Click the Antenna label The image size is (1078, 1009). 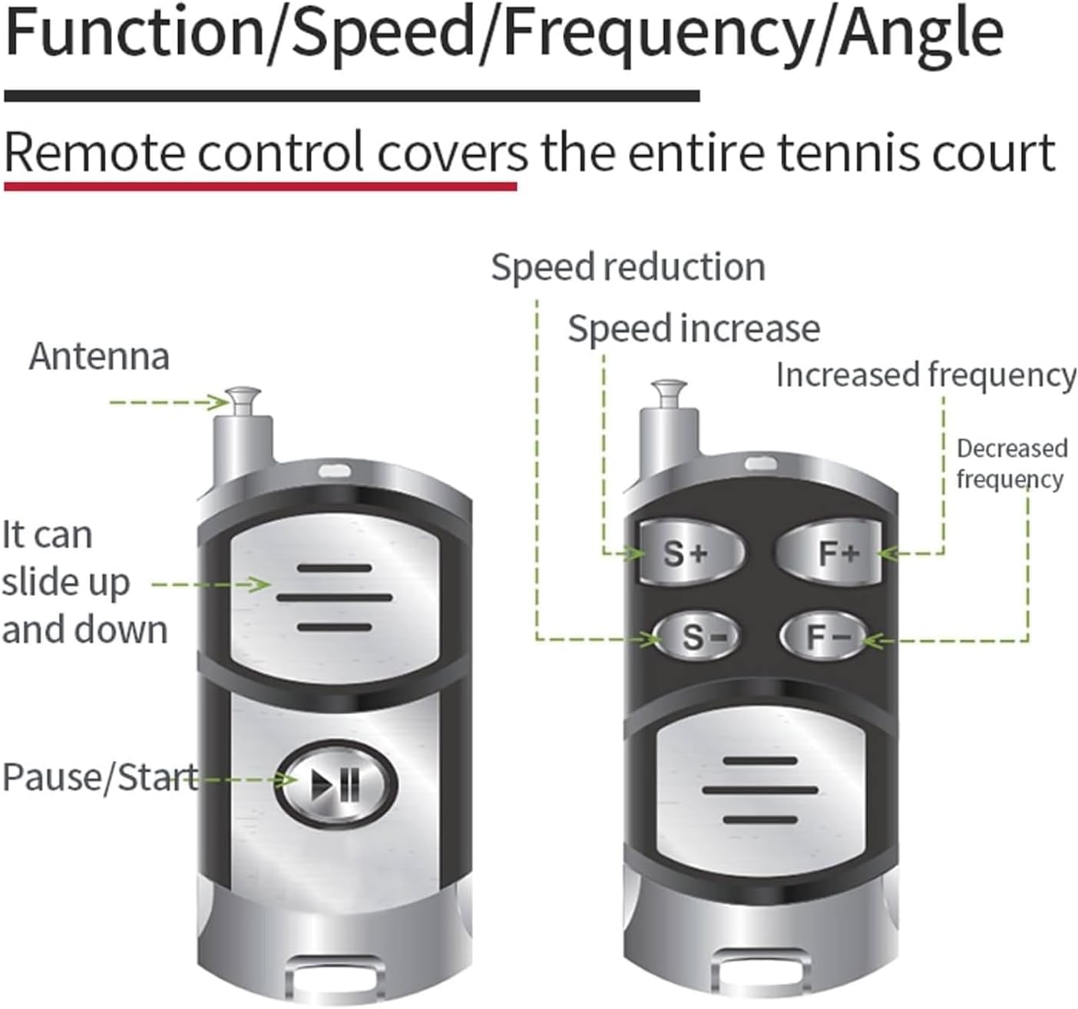(99, 357)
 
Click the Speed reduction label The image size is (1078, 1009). (628, 268)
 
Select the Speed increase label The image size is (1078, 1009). (693, 329)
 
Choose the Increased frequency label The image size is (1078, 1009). (925, 375)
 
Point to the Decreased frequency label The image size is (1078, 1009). (1011, 463)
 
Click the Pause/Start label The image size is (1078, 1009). (99, 776)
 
